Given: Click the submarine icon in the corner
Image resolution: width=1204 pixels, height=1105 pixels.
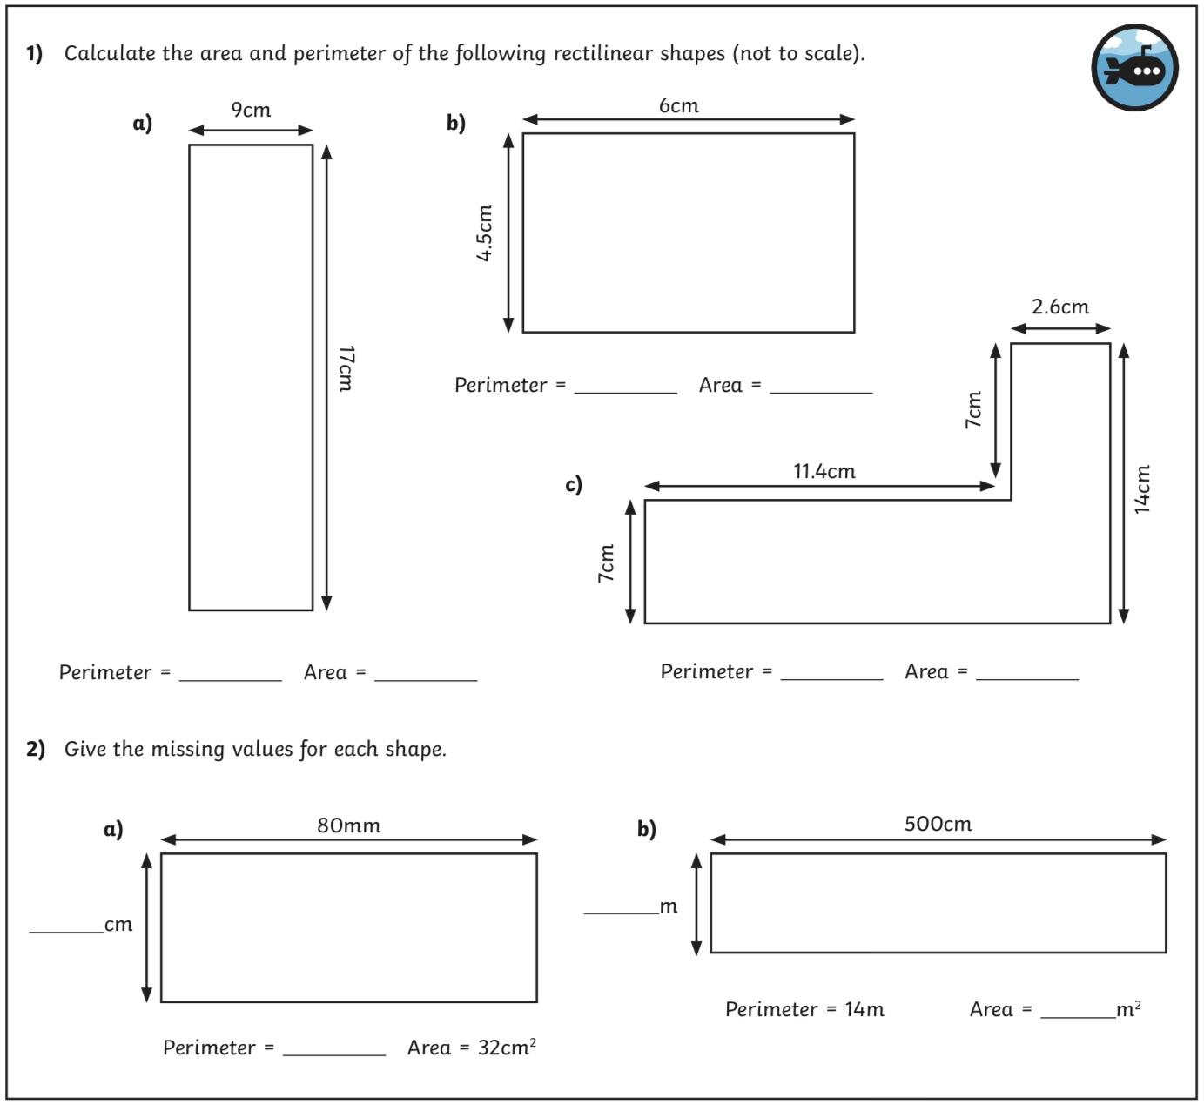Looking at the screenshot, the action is [1134, 68].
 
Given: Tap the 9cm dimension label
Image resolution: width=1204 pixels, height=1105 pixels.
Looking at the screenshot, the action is [251, 110].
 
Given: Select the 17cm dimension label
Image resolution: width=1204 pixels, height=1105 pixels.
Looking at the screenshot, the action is [346, 368].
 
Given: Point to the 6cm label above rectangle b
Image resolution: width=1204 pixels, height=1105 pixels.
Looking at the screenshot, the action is [679, 105].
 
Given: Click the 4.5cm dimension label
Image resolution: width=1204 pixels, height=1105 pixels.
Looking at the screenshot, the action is [484, 233].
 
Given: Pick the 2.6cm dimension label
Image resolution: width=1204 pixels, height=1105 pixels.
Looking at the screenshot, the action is [1060, 307].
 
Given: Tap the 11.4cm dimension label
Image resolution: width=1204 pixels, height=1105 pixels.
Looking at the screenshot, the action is [824, 471].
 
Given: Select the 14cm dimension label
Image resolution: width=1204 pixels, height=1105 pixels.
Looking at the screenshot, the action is [1141, 489].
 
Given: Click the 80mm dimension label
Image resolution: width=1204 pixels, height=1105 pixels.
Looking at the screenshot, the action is [349, 825].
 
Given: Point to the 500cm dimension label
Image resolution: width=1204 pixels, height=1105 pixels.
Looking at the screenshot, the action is [938, 824].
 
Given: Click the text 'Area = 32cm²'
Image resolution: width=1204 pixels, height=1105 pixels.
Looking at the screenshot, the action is [471, 1047].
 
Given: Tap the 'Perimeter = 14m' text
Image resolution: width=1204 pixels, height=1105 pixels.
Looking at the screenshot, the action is [804, 1009].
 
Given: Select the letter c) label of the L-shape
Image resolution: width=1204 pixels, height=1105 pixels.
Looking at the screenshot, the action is [573, 484].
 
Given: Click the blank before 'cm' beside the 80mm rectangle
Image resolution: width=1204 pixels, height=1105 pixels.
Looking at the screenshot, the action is [66, 932].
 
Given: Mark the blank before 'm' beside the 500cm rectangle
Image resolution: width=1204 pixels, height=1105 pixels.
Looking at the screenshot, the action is [622, 913].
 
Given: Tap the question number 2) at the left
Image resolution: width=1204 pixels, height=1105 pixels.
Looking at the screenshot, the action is [36, 749].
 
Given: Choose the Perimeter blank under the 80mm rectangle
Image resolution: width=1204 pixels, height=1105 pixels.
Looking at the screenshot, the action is [333, 1054].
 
